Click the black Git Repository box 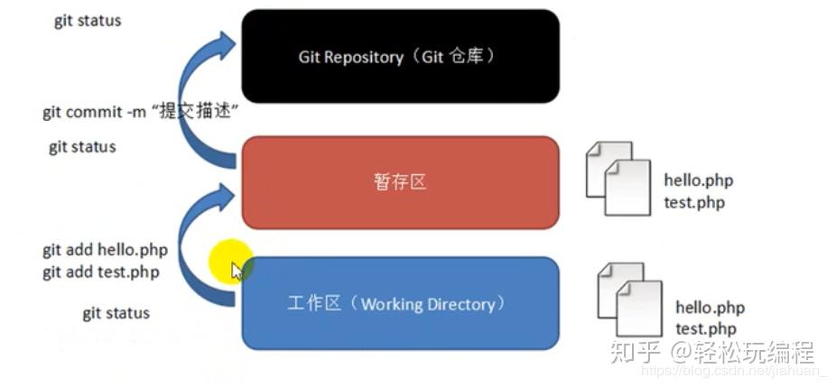point(400,56)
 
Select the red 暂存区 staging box point(400,182)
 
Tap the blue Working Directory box point(400,303)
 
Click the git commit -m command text point(139,113)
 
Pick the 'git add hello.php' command point(105,250)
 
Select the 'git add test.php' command point(100,272)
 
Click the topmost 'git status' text point(88,20)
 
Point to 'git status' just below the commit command point(82,146)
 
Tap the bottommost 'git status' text point(116,313)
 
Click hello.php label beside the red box point(698,180)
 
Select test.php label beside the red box point(693,202)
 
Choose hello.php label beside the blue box point(710,308)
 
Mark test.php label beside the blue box point(705,329)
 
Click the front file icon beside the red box point(628,188)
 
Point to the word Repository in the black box point(364,57)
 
